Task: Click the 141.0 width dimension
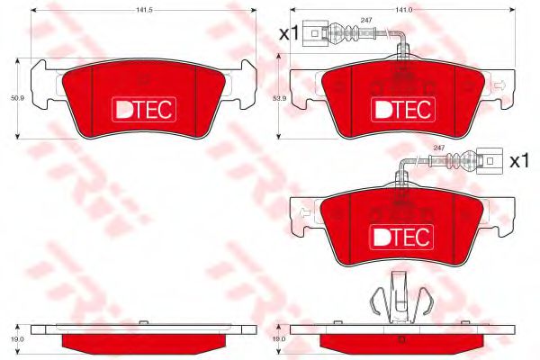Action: point(394,10)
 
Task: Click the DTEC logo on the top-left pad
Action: point(143,109)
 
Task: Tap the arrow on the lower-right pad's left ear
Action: point(304,213)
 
